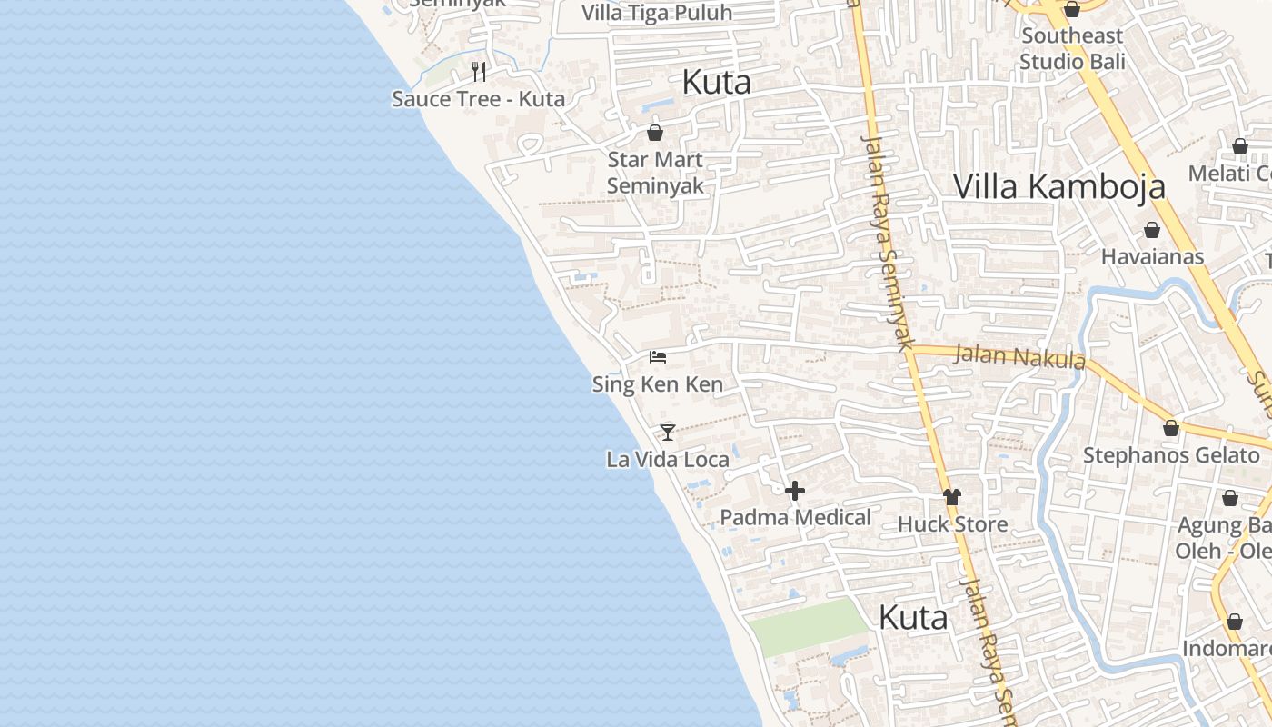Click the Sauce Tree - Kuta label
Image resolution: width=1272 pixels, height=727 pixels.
coord(478,99)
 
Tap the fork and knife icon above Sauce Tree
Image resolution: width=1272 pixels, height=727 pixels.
coord(479,71)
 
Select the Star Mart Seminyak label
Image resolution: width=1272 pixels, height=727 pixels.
coord(654,173)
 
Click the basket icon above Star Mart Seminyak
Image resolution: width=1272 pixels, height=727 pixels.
coord(654,133)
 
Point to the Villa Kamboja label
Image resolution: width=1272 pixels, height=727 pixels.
coord(1058,186)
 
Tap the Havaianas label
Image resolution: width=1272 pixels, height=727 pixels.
coord(1152,256)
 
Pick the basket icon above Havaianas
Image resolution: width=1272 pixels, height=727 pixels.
coord(1152,230)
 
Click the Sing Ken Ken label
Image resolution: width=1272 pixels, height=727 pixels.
coord(658,384)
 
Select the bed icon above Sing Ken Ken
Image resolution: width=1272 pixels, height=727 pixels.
coord(658,357)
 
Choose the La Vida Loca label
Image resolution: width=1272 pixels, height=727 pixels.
coord(668,460)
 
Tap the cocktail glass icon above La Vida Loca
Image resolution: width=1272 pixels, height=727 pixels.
coord(668,433)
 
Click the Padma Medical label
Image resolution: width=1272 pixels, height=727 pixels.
coord(795,517)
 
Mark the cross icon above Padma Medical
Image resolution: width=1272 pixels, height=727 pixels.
coord(795,491)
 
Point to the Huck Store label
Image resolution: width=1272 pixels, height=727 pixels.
coord(952,524)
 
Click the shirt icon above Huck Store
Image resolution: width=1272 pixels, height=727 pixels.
coord(952,497)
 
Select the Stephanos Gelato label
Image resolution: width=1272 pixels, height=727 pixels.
coord(1171,454)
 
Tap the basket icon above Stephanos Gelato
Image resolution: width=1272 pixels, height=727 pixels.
coord(1171,428)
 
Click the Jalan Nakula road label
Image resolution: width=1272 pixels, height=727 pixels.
coord(1019,356)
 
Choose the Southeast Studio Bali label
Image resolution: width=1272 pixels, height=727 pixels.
coord(1072,49)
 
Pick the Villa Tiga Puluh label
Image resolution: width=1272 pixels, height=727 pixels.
coord(656,13)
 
